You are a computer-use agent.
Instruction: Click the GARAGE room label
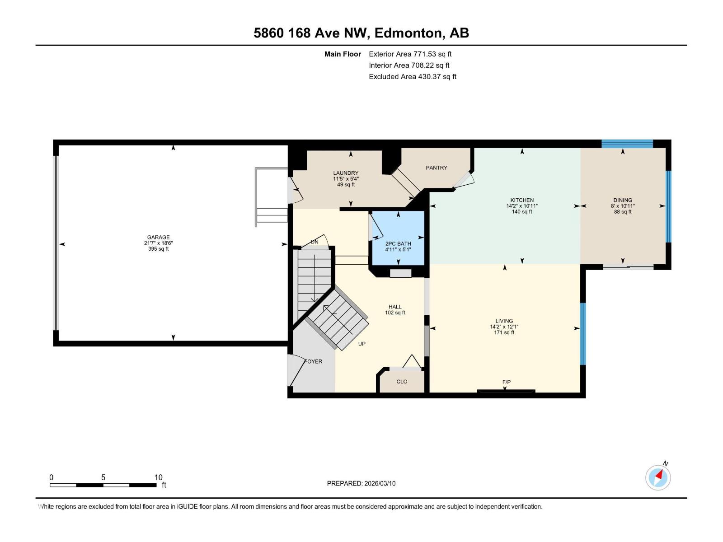[158, 237]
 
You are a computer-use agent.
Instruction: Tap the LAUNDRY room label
[346, 173]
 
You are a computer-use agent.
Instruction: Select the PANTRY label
[437, 168]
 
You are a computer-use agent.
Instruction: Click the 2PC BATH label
[398, 243]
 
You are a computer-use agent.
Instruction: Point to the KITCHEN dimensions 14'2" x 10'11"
[522, 206]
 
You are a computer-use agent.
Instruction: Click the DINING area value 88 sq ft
[623, 212]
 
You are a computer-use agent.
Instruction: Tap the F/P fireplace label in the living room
[507, 382]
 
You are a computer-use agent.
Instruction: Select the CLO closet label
[402, 382]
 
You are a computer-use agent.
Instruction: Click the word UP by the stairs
[362, 344]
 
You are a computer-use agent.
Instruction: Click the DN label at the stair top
[315, 242]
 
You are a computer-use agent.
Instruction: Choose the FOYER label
[314, 361]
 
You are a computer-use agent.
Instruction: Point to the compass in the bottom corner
[658, 477]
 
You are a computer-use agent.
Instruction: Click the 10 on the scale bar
[158, 477]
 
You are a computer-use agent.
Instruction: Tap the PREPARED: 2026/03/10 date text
[361, 483]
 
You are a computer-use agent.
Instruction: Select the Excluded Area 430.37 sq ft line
[412, 77]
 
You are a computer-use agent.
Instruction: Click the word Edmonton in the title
[408, 33]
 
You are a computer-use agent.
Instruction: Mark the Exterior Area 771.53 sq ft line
[410, 54]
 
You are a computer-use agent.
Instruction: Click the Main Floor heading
[343, 54]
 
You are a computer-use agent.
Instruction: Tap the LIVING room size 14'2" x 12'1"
[504, 327]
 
